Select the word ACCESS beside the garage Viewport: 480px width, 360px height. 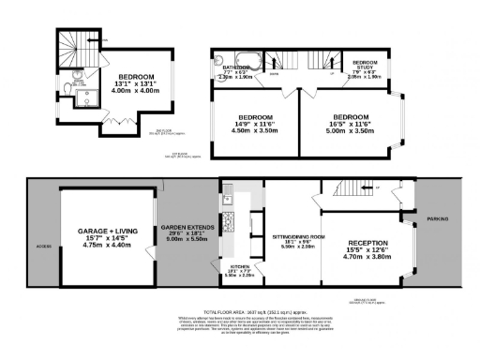[x=43, y=247]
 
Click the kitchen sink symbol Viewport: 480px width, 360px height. [x=226, y=199]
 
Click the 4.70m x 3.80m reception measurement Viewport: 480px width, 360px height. [x=367, y=258]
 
